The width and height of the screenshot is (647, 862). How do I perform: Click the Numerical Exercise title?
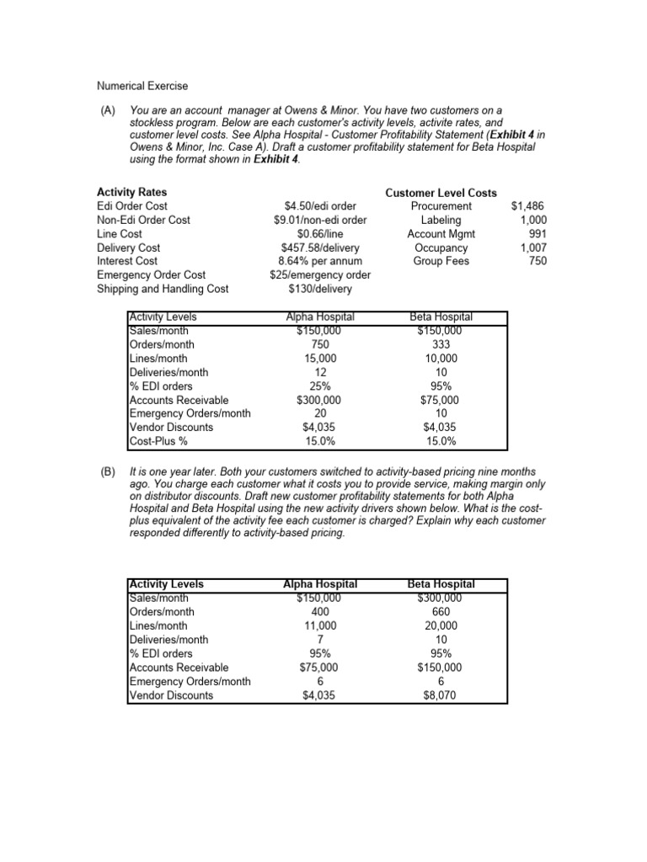click(142, 86)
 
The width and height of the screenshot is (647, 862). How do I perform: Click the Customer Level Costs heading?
click(441, 193)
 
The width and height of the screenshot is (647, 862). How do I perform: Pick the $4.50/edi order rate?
click(319, 206)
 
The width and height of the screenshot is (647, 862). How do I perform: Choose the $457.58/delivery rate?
click(319, 247)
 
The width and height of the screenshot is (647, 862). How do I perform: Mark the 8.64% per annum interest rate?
click(319, 261)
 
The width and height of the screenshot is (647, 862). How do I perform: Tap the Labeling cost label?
click(441, 220)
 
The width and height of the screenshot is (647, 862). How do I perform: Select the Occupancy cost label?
click(441, 247)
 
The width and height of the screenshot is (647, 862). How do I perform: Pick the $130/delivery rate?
click(319, 289)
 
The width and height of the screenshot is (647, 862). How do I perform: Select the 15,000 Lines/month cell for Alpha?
click(319, 359)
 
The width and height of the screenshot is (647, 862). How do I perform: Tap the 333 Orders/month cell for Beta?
click(441, 344)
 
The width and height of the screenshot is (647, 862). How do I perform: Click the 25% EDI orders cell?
click(319, 386)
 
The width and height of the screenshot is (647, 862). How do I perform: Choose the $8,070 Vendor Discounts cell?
click(441, 695)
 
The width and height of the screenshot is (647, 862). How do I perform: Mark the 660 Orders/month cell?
click(441, 612)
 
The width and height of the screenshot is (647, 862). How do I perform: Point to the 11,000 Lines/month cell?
click(319, 626)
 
